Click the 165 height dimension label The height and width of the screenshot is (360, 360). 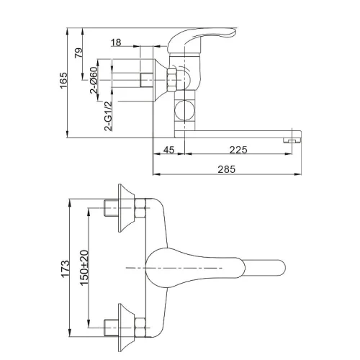[64, 80]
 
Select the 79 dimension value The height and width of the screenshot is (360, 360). [78, 53]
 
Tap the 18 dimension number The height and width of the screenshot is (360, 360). [116, 42]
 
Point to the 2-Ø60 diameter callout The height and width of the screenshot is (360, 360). [94, 80]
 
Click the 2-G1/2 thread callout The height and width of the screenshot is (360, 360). [108, 116]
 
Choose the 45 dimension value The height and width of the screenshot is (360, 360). [168, 150]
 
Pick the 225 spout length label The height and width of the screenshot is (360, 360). [238, 150]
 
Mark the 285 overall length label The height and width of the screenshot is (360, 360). [227, 169]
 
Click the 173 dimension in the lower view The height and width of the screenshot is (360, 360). [66, 269]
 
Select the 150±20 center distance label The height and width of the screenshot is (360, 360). [84, 268]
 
